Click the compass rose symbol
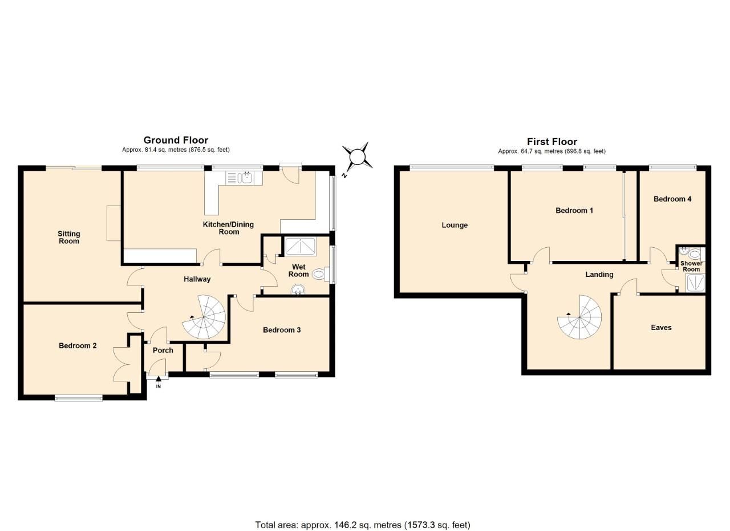click(357, 156)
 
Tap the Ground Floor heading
click(176, 140)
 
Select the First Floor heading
click(551, 142)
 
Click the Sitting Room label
click(69, 237)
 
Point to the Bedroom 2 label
click(78, 345)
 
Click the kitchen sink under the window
click(246, 178)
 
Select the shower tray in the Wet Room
click(301, 247)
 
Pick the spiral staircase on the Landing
click(579, 317)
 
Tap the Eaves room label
click(661, 327)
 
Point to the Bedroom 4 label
click(672, 199)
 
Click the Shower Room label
click(691, 266)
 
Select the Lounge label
click(455, 225)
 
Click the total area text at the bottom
click(363, 525)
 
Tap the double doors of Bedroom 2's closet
click(121, 364)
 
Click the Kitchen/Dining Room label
click(228, 228)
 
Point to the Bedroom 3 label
click(282, 329)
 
